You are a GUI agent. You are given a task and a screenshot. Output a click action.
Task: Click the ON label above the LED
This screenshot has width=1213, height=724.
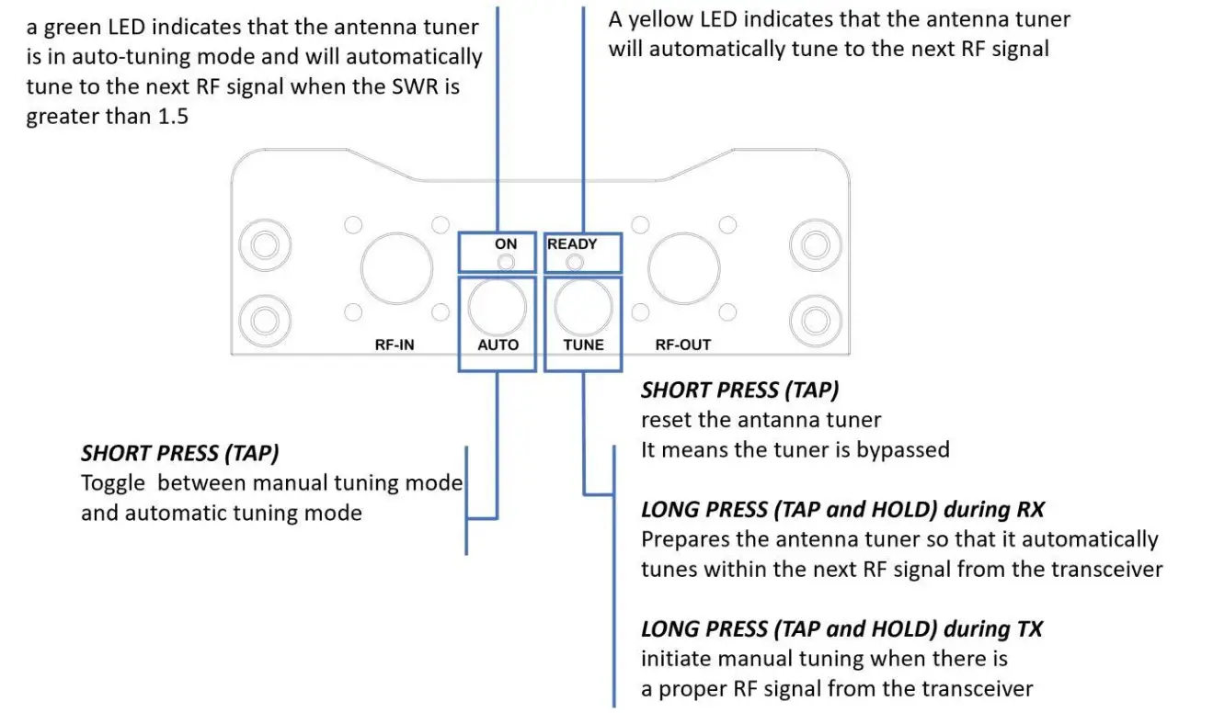[506, 244]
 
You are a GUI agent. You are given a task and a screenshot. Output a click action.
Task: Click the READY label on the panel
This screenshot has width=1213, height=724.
[572, 244]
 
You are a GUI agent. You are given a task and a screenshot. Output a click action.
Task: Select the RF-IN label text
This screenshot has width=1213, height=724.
[394, 345]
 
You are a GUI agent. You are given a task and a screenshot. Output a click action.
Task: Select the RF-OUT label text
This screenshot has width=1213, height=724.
[682, 345]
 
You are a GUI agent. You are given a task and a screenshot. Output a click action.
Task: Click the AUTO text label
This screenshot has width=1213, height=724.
[498, 345]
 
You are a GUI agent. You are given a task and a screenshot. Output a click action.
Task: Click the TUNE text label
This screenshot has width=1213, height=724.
[583, 345]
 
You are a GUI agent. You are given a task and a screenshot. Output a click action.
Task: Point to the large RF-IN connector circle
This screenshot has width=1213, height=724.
[396, 268]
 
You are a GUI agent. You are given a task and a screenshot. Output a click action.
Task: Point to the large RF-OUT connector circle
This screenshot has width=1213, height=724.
[683, 268]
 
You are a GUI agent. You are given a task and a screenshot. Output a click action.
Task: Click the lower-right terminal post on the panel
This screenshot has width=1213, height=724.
[815, 321]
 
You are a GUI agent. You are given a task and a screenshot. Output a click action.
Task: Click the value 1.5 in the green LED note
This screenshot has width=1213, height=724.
[169, 117]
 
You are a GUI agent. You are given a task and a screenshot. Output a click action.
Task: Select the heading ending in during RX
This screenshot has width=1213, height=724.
[842, 509]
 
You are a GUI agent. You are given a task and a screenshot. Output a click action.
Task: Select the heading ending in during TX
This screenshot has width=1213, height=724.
[841, 629]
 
